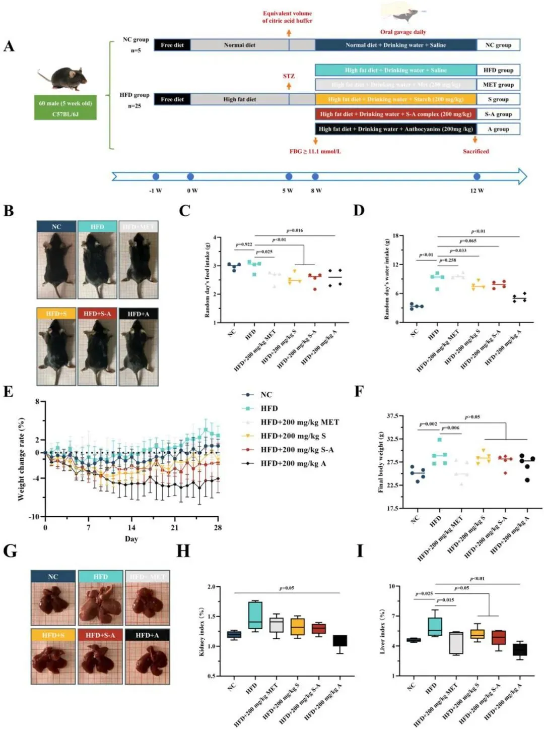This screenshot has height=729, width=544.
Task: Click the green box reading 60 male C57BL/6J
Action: pos(65,108)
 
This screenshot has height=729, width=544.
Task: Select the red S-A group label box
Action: pos(498,114)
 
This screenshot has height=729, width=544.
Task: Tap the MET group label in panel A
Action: pos(498,85)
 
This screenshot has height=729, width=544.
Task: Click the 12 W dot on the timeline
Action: pos(477,176)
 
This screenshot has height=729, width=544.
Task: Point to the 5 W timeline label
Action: pos(288,191)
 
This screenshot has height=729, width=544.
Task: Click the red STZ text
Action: pos(289,76)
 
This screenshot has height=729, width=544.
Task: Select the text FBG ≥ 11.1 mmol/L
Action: pos(315,151)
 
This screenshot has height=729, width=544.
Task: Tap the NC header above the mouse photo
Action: pos(56,227)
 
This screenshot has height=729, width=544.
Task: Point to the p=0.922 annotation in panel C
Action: pos(244,245)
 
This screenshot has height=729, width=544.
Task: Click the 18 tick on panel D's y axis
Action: pos(395,236)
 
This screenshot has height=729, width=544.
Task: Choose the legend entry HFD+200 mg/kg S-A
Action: pos(297,450)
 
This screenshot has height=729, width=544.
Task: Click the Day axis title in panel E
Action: pos(131,539)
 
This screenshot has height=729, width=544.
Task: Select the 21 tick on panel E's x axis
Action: pos(175,527)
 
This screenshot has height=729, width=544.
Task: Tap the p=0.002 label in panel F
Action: pos(428,424)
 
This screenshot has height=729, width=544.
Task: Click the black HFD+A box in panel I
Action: pos(520,650)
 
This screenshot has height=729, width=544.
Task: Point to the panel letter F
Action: pos(359,392)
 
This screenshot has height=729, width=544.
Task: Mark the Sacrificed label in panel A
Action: pos(475,151)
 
